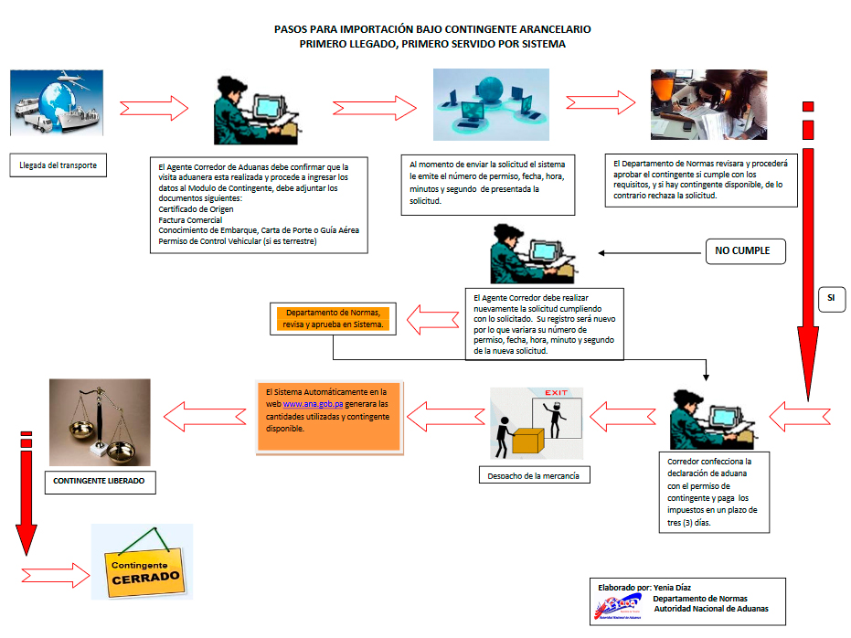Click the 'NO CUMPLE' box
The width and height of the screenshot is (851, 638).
pos(744,250)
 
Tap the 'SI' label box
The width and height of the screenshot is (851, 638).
pos(831,298)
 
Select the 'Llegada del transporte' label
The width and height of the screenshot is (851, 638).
pos(58,165)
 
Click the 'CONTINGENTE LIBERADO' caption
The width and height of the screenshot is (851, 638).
pos(99,481)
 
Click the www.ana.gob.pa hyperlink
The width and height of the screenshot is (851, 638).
pos(307,403)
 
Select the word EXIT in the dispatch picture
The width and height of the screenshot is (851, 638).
pos(557,393)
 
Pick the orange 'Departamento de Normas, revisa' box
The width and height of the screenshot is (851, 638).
pos(334,317)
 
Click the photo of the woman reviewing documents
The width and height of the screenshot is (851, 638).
pos(708,104)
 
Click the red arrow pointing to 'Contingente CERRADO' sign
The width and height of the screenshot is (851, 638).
pos(55,575)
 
